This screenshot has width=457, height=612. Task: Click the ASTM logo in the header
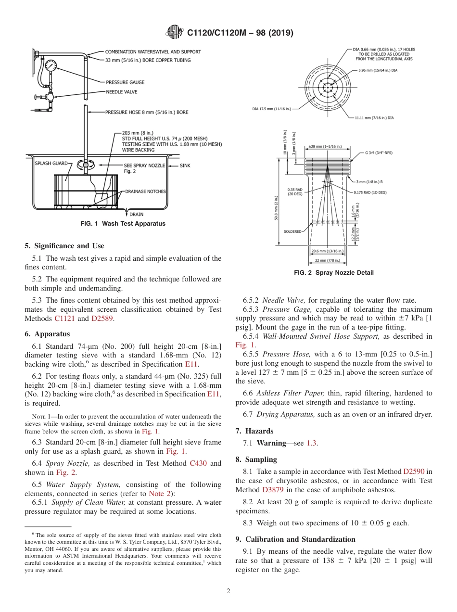(174, 33)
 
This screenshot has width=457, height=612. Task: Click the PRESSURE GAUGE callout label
(125, 82)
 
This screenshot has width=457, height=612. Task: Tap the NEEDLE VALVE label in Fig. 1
(122, 91)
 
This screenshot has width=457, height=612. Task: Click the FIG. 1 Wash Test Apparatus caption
(123, 224)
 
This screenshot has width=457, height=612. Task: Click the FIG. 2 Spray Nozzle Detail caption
(333, 273)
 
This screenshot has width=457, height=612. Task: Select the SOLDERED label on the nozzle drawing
(292, 231)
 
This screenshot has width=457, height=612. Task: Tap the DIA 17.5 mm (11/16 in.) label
(271, 109)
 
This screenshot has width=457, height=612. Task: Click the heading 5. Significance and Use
(64, 246)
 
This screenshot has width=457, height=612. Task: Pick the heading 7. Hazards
(254, 431)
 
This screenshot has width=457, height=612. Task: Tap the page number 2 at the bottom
(228, 592)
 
